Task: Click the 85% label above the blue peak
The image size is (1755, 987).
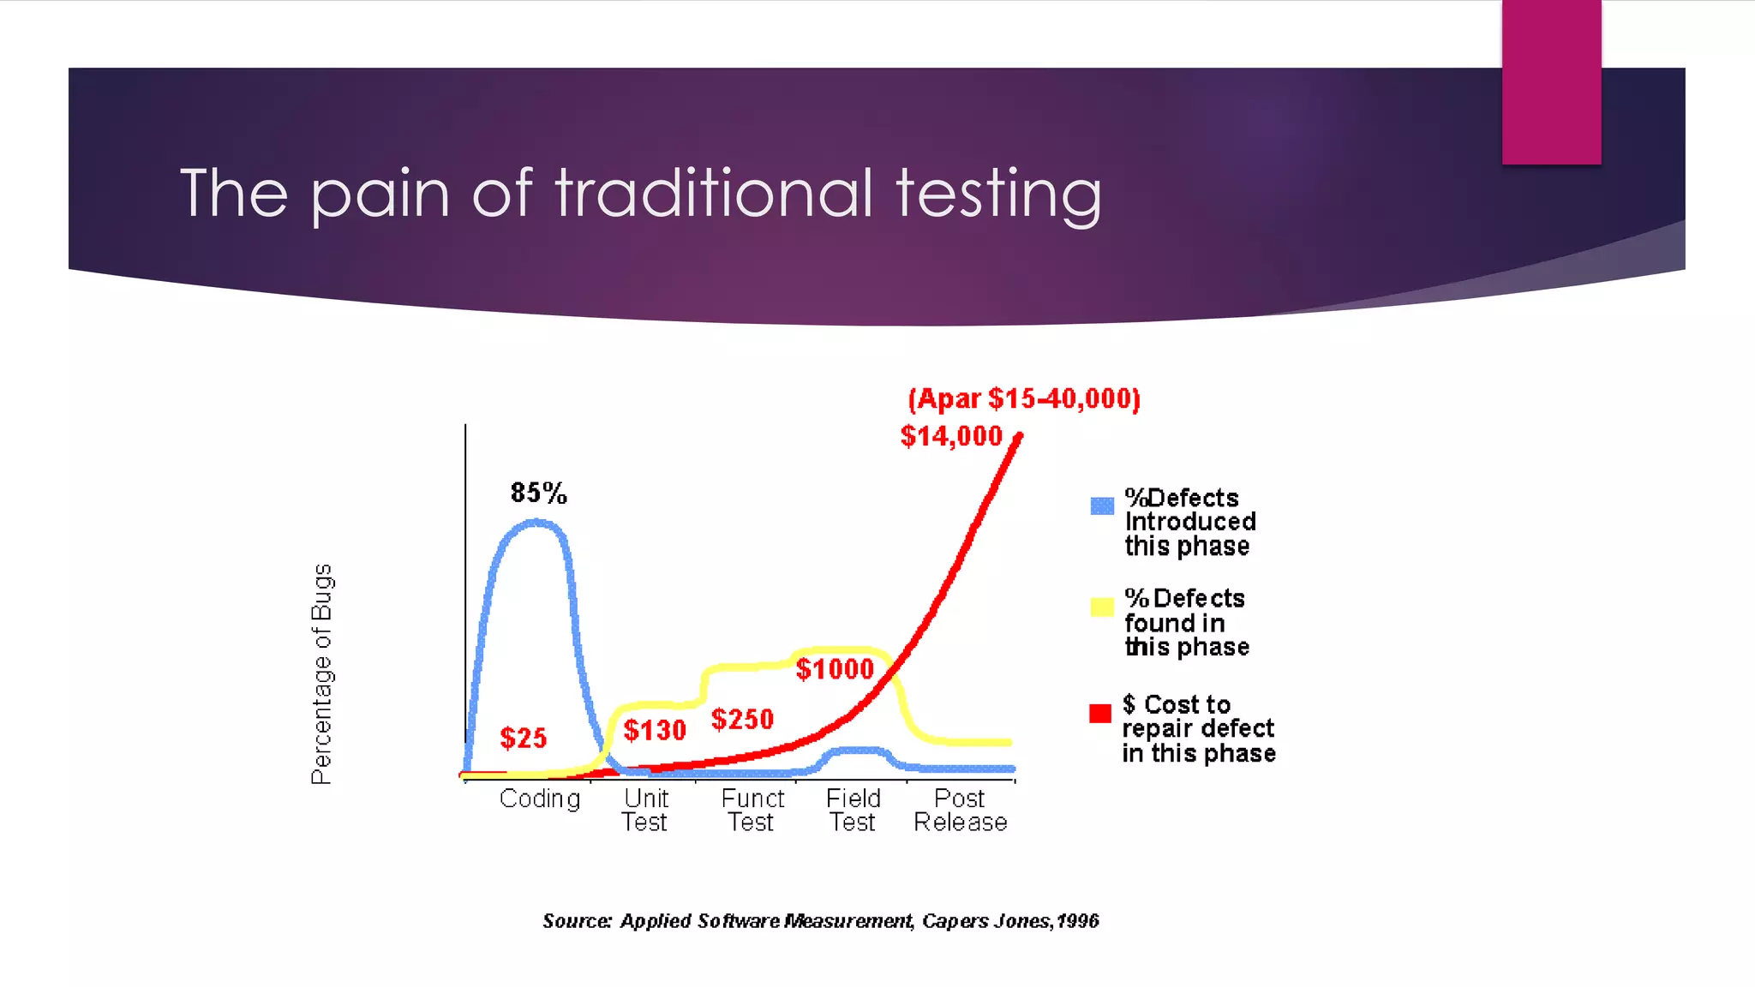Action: (538, 493)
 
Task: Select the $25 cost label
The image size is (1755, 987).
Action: (523, 738)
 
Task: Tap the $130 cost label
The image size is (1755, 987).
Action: (655, 730)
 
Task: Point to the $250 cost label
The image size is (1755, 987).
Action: (742, 719)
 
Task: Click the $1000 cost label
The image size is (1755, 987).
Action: (835, 669)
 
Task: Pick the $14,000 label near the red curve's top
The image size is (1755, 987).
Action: (951, 436)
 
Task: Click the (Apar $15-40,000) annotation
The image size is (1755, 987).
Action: (1024, 398)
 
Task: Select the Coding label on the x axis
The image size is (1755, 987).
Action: (540, 799)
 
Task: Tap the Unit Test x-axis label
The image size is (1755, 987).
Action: (645, 810)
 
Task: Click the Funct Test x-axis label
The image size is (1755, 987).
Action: (752, 810)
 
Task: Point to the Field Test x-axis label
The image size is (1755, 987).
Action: (853, 810)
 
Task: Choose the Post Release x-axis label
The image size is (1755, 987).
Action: (960, 810)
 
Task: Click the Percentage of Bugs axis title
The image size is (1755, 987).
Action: (321, 673)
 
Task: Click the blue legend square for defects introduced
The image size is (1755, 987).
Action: (1102, 505)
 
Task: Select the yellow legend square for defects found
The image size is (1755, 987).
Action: (1102, 607)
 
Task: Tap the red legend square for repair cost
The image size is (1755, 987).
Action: (1100, 713)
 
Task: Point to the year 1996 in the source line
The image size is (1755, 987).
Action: (1077, 921)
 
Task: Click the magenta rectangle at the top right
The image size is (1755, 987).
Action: (1551, 81)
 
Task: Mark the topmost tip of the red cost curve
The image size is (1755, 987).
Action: (1019, 436)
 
